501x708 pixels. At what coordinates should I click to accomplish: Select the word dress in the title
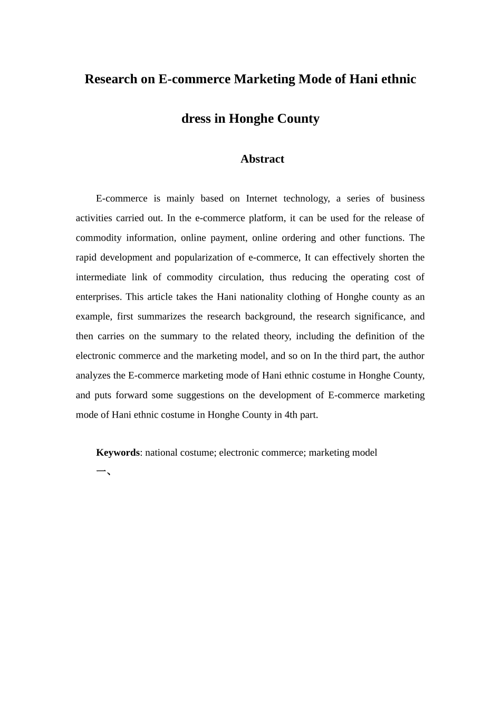[196, 119]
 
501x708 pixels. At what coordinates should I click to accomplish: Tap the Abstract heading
[262, 159]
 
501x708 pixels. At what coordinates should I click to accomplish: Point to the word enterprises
[98, 297]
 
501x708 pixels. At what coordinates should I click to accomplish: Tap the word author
[411, 356]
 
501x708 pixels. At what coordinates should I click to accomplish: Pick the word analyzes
[93, 376]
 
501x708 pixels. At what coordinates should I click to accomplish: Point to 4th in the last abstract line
[291, 415]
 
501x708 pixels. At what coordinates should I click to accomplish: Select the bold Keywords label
[118, 453]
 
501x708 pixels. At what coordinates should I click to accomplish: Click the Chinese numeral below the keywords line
[102, 471]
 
